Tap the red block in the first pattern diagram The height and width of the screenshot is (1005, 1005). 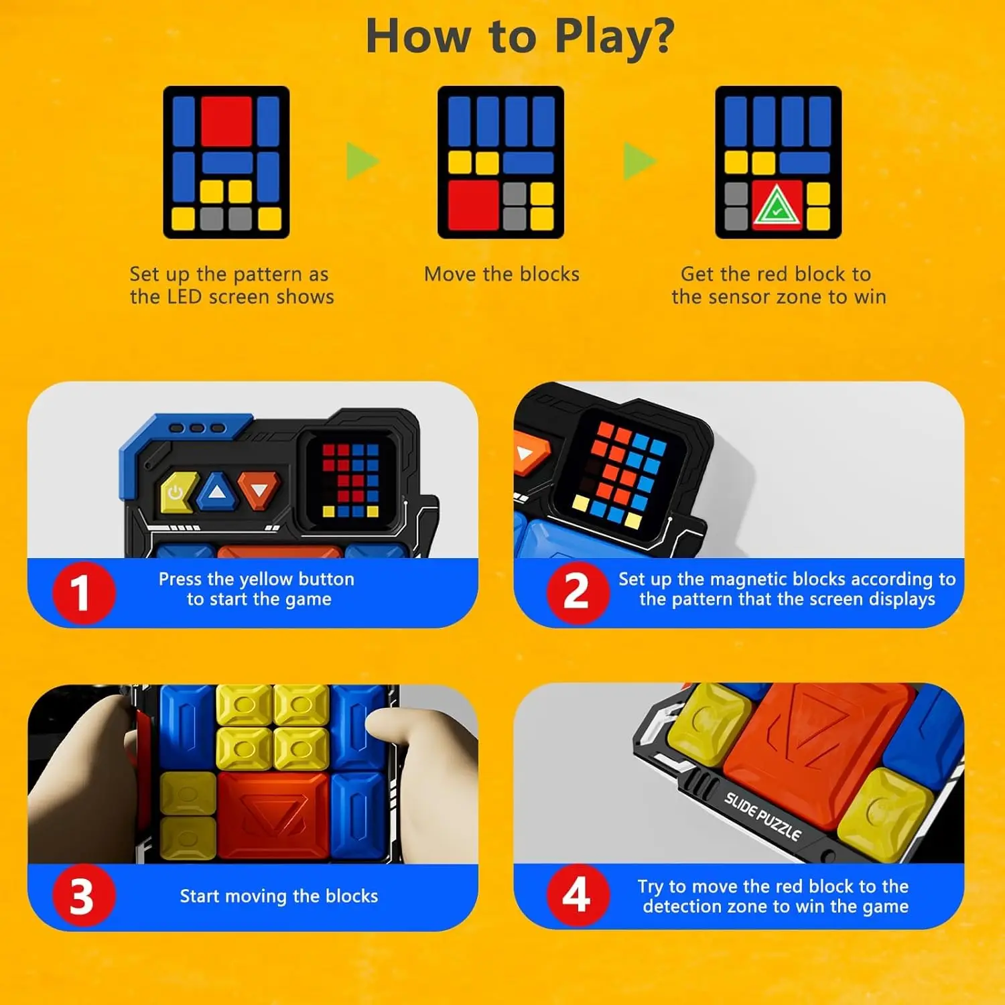tap(226, 121)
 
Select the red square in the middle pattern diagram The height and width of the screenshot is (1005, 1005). tap(474, 204)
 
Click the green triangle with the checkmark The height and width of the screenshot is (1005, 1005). tap(777, 205)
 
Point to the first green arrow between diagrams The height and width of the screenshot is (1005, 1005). tap(362, 161)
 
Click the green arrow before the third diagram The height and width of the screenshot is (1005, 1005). tap(639, 161)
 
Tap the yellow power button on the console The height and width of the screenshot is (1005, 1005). tap(176, 493)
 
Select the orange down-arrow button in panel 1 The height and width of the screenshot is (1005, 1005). tap(259, 490)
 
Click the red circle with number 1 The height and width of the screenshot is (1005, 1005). tap(83, 593)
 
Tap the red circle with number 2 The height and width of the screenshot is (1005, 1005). tap(577, 592)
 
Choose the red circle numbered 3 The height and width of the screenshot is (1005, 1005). tap(83, 896)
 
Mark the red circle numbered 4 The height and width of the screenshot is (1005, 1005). tap(577, 895)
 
